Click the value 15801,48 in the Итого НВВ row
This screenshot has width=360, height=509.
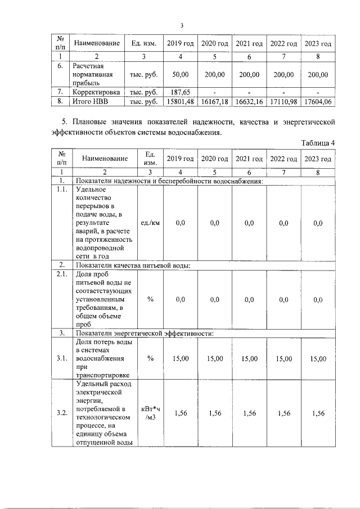(180, 102)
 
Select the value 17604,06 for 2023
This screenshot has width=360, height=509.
(318, 102)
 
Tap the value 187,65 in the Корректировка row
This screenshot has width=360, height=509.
(180, 92)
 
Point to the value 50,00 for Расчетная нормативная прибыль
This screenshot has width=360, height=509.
(180, 74)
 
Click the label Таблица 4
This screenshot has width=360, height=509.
(318, 143)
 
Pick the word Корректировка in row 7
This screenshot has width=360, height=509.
(96, 92)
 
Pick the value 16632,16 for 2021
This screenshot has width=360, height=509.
(249, 102)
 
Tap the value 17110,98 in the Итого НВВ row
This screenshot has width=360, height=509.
(283, 102)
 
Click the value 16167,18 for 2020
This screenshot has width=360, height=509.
(214, 102)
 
